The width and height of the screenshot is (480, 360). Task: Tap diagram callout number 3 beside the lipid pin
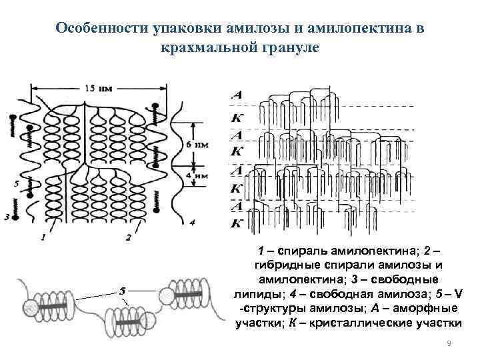pyautogui.click(x=6, y=217)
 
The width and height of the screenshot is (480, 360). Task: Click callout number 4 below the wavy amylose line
pyautogui.click(x=192, y=222)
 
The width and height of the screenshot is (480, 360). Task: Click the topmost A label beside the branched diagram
pyautogui.click(x=236, y=95)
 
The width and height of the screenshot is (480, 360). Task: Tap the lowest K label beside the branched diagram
pyautogui.click(x=236, y=223)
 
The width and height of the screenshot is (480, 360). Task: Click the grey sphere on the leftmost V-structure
pyautogui.click(x=31, y=307)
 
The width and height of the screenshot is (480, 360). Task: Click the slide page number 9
pyautogui.click(x=449, y=343)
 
